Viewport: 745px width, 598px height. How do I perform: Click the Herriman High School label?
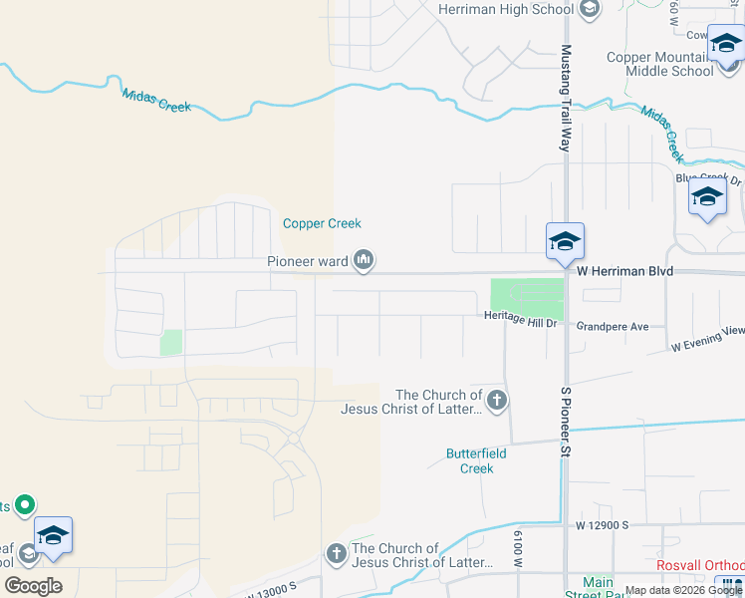click(x=506, y=9)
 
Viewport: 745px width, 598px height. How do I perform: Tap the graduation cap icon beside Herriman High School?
click(x=589, y=9)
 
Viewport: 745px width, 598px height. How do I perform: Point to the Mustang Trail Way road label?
click(x=566, y=99)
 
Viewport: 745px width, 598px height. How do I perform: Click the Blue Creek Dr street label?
click(x=709, y=178)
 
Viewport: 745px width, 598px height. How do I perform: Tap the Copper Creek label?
click(x=322, y=223)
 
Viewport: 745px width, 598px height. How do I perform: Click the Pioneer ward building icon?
click(x=364, y=261)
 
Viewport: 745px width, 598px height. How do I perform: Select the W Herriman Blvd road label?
click(x=625, y=271)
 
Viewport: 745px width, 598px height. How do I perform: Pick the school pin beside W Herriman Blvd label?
click(x=564, y=242)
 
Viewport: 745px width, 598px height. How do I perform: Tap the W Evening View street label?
click(x=707, y=339)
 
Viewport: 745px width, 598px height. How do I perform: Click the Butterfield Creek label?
click(x=469, y=460)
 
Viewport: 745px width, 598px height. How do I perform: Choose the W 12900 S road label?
click(x=602, y=524)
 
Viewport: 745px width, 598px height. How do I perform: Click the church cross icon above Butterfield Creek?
click(x=496, y=402)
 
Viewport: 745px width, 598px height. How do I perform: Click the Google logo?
click(x=33, y=586)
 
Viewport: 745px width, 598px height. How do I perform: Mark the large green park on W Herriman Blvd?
click(x=526, y=296)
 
